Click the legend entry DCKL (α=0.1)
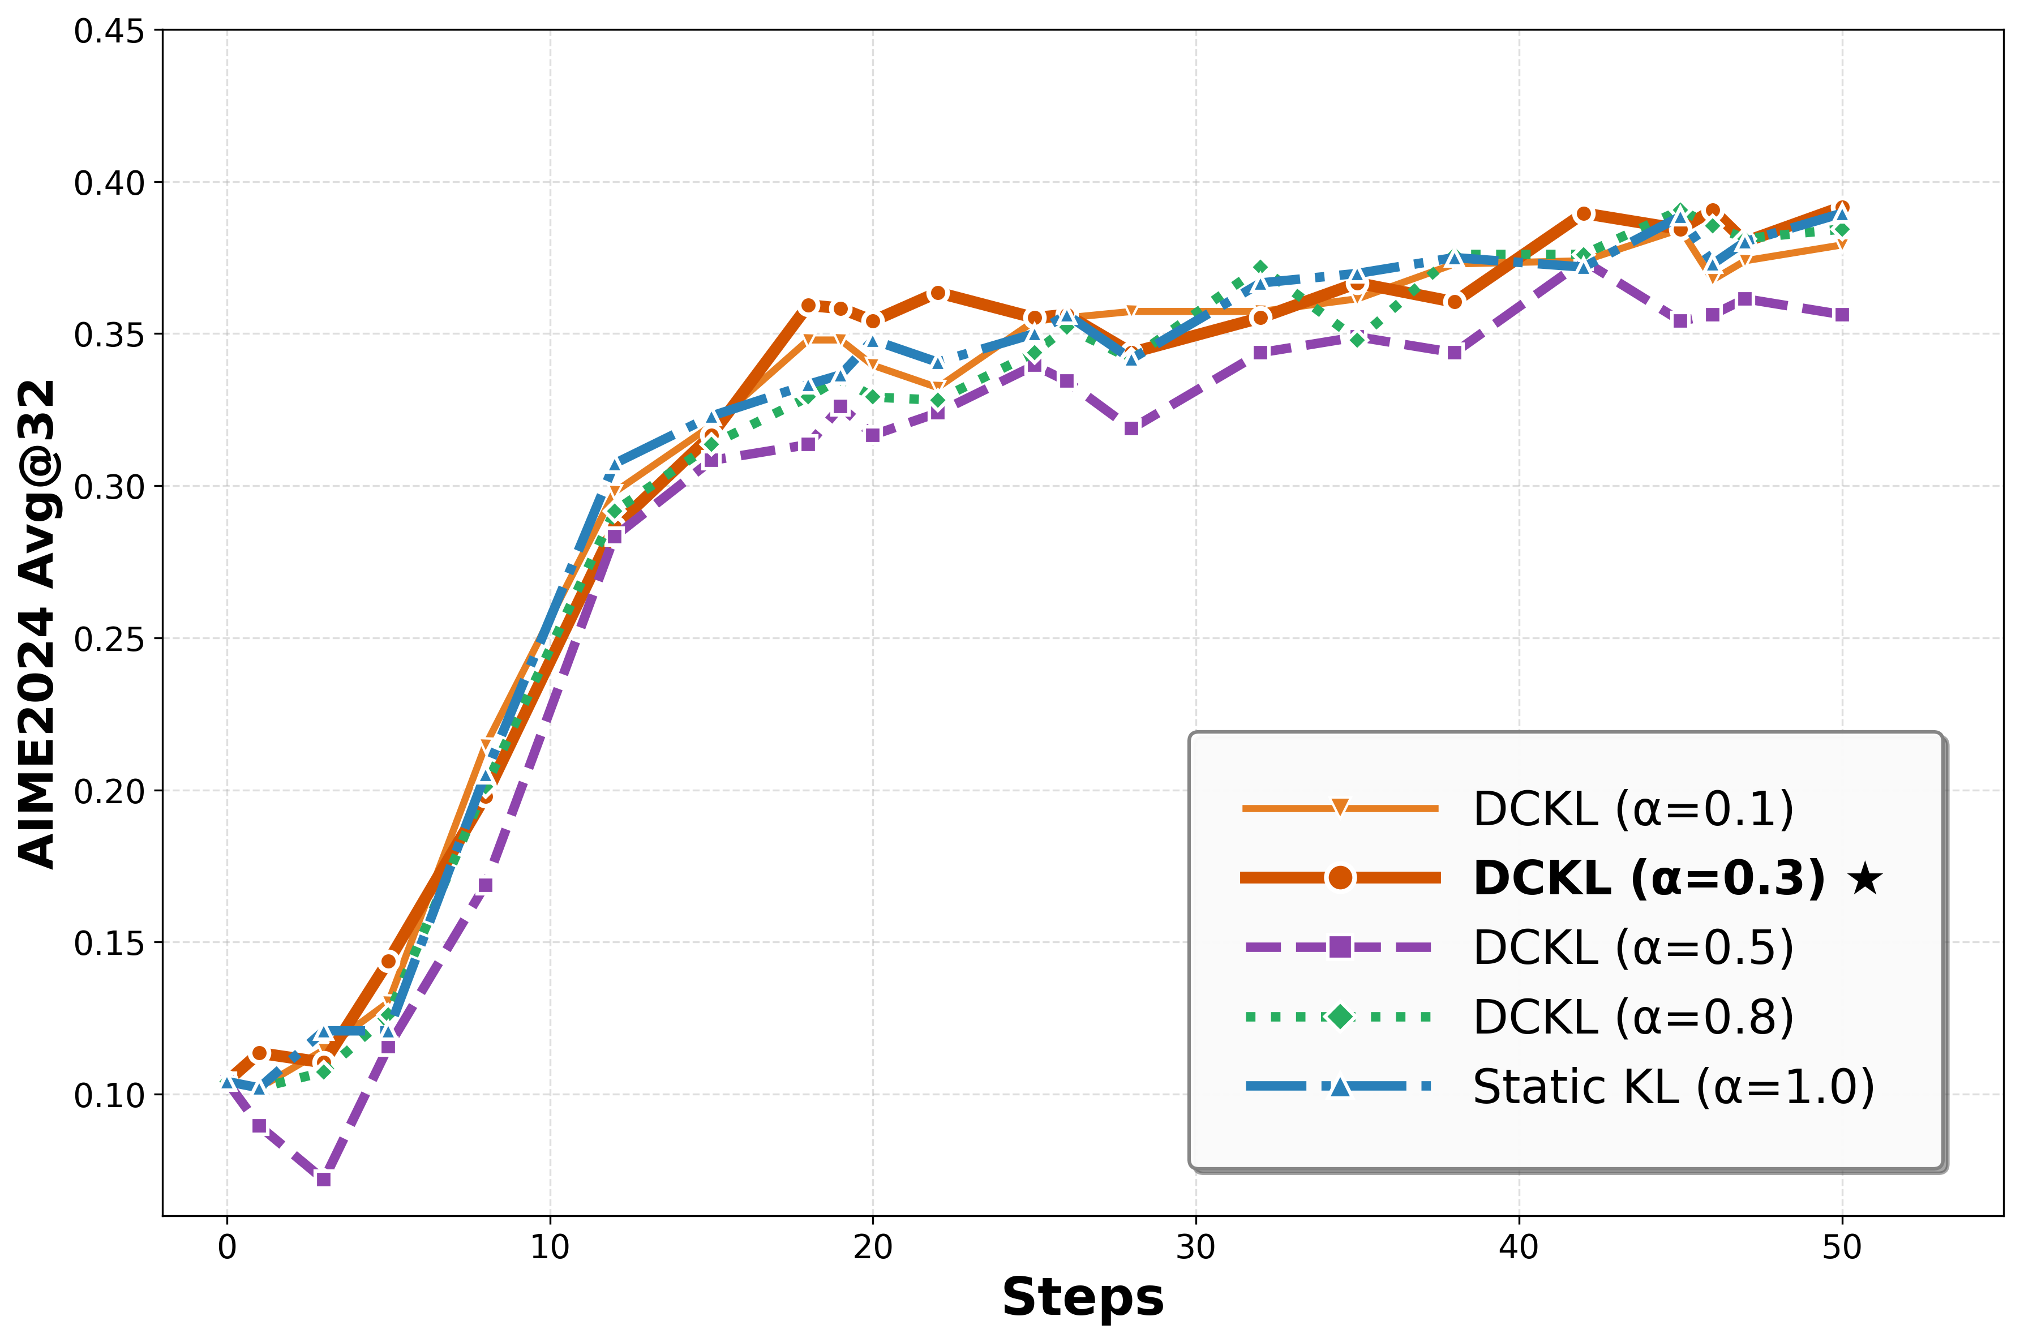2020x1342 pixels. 1632,809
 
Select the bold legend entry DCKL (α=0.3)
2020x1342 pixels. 1649,878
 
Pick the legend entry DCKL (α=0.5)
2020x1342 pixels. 1632,947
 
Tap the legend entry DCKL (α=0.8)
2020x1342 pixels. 1632,1017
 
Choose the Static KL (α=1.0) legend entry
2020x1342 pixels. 1672,1087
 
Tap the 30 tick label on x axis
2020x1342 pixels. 1195,1248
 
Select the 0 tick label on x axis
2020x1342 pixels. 227,1248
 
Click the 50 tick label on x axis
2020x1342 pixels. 1841,1248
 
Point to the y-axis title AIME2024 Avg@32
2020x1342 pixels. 38,623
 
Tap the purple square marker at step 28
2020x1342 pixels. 1131,428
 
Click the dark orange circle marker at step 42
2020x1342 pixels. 1584,214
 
